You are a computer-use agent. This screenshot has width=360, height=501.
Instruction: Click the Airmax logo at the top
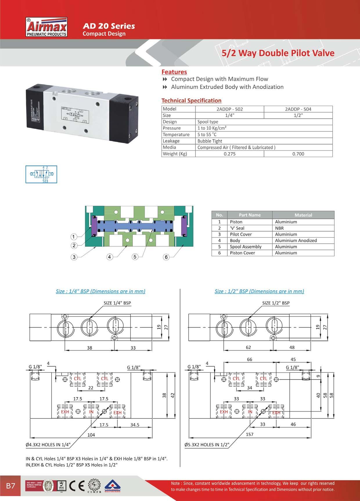click(x=47, y=28)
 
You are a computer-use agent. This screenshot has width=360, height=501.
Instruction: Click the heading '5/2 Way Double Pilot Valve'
click(x=278, y=53)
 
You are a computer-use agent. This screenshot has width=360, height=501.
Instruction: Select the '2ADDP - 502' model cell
click(x=230, y=109)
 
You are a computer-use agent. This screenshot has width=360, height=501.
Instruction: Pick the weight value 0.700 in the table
click(x=298, y=154)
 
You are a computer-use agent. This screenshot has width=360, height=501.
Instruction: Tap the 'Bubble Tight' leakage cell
click(x=210, y=141)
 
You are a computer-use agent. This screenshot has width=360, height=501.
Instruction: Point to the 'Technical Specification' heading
click(x=191, y=101)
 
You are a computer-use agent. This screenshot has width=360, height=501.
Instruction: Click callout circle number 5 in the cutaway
click(x=134, y=257)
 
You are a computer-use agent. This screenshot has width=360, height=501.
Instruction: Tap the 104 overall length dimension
click(x=91, y=435)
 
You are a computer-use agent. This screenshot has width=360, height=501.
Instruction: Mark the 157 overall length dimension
click(x=249, y=434)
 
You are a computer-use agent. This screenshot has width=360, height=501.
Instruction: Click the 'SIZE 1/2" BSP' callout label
click(x=276, y=303)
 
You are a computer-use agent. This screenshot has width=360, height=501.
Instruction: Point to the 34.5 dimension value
click(x=135, y=425)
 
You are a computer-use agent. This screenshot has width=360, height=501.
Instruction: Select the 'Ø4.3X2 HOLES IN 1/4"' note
click(x=48, y=444)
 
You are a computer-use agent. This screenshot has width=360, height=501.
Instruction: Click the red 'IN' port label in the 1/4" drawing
click(x=91, y=412)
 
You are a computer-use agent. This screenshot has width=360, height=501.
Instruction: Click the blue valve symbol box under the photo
click(x=41, y=174)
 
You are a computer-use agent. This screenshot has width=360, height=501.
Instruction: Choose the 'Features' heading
click(x=174, y=72)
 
